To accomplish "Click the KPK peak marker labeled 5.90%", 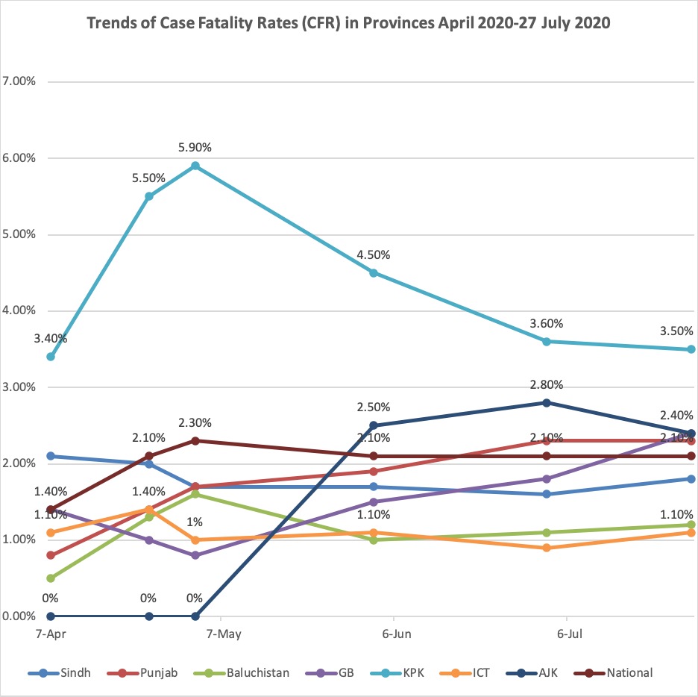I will (x=195, y=166).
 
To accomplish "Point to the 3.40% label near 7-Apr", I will (x=50, y=338).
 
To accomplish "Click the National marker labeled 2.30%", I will (x=195, y=440).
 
